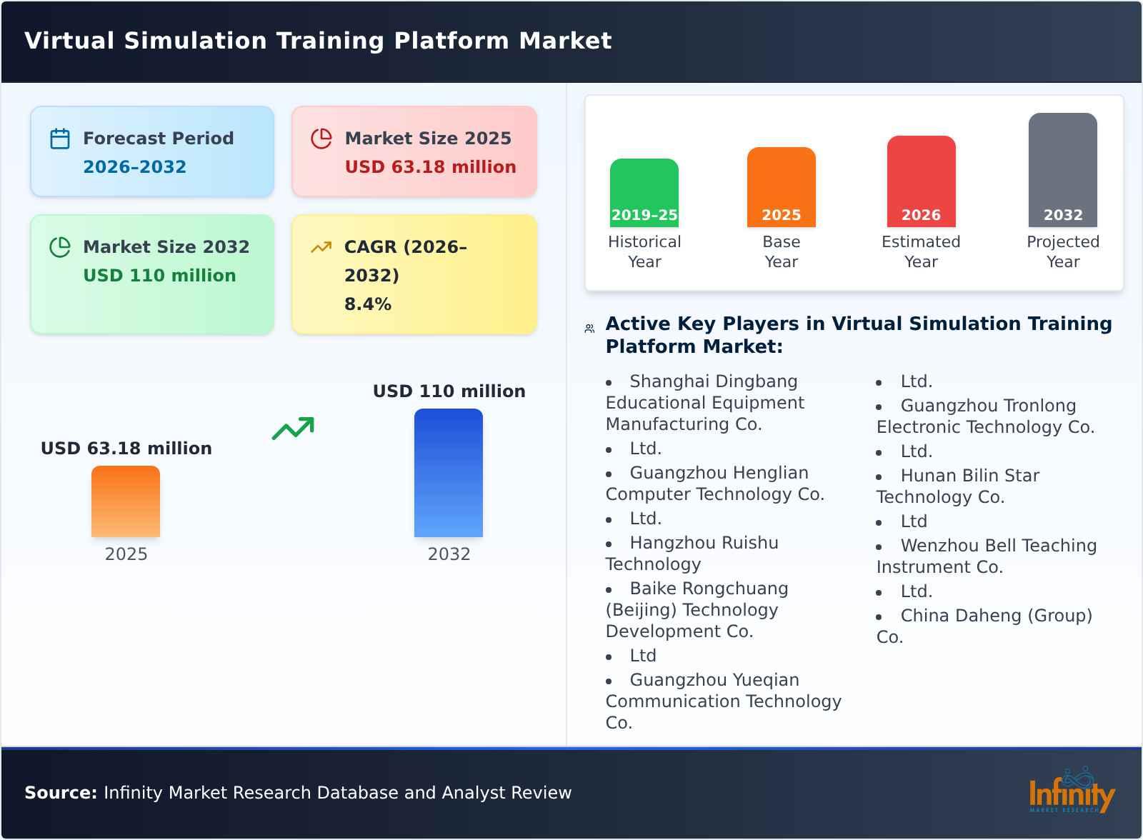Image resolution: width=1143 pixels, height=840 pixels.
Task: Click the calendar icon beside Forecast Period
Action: [60, 139]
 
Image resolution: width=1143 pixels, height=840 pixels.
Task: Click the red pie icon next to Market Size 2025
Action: [321, 139]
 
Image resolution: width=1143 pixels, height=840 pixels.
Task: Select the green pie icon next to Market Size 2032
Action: [60, 247]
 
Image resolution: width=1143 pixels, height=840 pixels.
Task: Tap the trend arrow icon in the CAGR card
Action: [321, 247]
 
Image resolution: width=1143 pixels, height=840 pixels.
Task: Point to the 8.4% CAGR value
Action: [367, 304]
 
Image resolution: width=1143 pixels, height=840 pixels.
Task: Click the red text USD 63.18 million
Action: [430, 167]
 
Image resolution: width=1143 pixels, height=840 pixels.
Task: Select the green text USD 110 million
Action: [159, 276]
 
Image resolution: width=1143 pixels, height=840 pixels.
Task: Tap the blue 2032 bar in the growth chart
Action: [449, 472]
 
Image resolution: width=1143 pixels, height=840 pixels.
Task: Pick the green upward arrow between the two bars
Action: [293, 429]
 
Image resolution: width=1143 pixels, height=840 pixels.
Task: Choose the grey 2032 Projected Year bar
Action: [1062, 169]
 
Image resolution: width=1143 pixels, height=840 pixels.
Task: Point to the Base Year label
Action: [781, 251]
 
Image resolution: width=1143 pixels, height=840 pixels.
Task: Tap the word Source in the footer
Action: [60, 793]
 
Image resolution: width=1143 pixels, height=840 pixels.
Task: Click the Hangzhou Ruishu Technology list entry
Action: [692, 554]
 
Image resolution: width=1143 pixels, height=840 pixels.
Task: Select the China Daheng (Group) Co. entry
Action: [984, 626]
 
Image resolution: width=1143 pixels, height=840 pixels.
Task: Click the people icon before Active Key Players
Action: [589, 329]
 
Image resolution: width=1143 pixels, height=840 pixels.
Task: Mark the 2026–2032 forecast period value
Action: [134, 167]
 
